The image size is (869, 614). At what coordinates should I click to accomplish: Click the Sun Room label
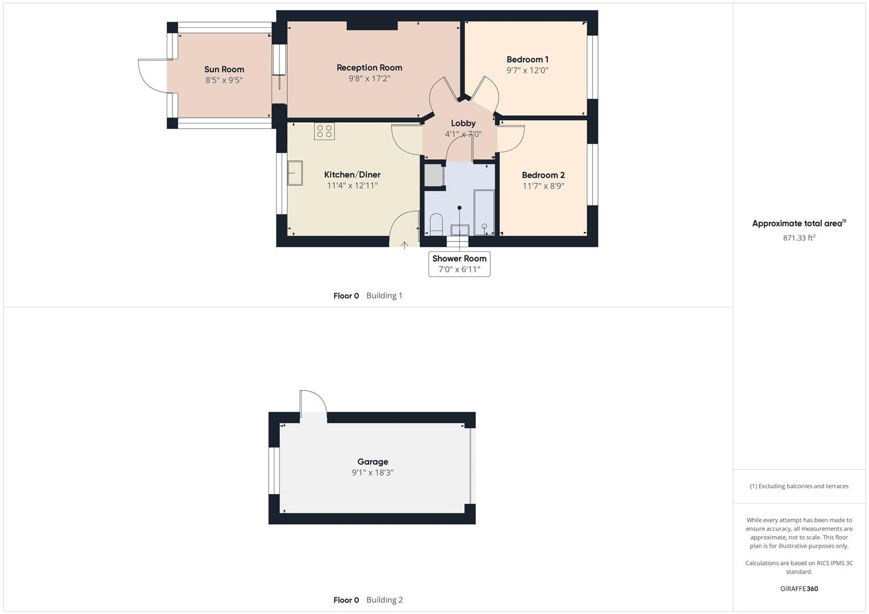[224, 69]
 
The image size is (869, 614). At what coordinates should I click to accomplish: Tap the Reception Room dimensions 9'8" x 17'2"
[369, 78]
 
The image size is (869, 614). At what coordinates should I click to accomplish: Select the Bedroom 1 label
[528, 59]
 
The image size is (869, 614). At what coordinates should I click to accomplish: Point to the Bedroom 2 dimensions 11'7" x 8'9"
[543, 186]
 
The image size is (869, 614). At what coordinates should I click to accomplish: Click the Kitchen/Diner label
[352, 175]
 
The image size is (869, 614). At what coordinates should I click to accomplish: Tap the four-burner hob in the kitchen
[324, 131]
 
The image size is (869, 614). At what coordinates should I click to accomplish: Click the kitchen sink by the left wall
[295, 173]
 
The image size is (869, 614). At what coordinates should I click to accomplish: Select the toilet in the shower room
[436, 224]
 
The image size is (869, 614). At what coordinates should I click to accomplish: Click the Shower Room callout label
[459, 258]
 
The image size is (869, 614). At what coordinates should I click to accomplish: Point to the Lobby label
[463, 123]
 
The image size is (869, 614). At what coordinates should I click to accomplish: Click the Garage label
[373, 462]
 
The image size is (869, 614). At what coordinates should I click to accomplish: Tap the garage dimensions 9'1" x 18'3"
[373, 472]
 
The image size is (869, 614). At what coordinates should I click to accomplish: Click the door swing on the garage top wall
[314, 404]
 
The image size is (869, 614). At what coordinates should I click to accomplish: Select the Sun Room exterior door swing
[151, 74]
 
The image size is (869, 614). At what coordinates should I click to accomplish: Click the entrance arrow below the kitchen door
[405, 245]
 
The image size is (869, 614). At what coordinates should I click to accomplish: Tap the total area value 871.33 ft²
[799, 238]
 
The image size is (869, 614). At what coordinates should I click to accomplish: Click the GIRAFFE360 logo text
[799, 588]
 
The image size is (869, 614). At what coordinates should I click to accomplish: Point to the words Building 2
[385, 600]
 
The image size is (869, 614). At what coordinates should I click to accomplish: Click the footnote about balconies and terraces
[799, 486]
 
